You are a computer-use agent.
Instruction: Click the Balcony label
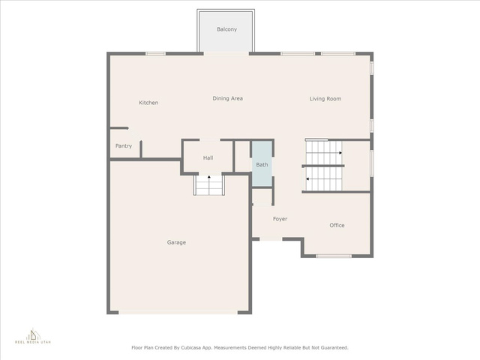point(226,29)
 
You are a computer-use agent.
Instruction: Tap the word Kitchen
point(148,103)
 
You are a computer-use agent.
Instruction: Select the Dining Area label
point(228,98)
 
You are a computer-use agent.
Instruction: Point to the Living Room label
point(325,98)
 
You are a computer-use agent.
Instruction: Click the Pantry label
point(124,146)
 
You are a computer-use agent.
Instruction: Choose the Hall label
point(208,158)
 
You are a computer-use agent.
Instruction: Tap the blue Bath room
point(262,163)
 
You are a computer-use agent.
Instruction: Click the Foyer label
point(280,219)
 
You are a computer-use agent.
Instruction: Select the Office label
point(337,225)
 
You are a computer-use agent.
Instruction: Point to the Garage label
point(176,242)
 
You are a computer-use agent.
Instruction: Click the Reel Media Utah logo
point(33,337)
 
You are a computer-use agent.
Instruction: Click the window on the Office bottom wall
point(334,256)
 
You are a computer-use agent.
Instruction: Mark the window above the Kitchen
point(155,53)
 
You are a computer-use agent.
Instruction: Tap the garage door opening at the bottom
point(178,313)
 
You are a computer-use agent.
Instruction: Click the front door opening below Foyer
point(271,238)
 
